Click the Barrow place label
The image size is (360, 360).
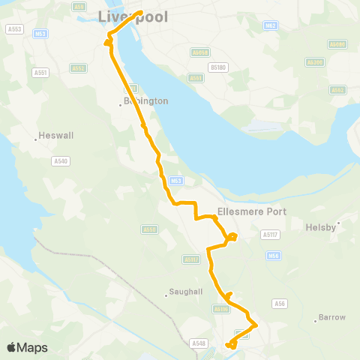[x=332, y=316]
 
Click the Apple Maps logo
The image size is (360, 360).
[x=27, y=347]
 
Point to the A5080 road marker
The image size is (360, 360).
[x=338, y=44]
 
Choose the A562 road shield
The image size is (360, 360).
[x=337, y=90]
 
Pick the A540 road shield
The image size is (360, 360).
[x=61, y=160]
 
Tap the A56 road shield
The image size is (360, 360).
[x=280, y=303]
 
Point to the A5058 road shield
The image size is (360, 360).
[x=199, y=52]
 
